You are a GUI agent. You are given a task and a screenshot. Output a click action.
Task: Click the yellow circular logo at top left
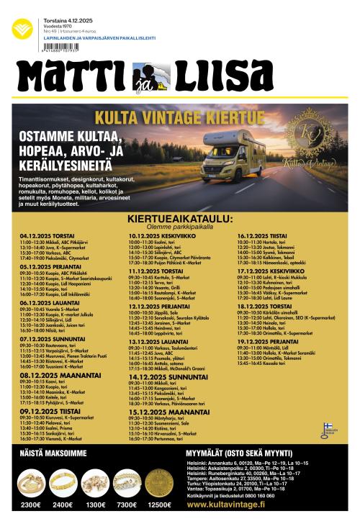point(22,30)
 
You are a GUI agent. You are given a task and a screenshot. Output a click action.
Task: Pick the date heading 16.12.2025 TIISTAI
point(262,235)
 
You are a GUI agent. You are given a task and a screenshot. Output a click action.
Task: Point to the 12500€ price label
point(159,505)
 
